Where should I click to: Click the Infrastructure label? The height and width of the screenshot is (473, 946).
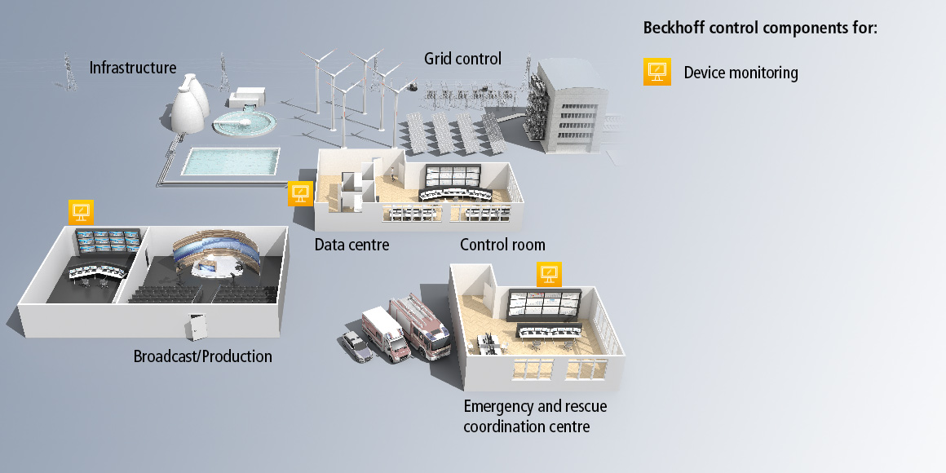[x=132, y=67]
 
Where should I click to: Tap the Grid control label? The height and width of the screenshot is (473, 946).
[x=462, y=59]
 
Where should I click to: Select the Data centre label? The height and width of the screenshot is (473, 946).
[x=351, y=245]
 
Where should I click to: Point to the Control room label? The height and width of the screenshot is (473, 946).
[x=502, y=245]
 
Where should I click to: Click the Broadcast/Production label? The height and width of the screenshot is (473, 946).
[x=202, y=356]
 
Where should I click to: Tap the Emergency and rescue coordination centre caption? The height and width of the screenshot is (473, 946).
[x=535, y=416]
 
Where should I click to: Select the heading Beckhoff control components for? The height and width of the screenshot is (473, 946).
[x=760, y=28]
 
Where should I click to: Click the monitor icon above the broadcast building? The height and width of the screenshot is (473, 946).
[x=81, y=212]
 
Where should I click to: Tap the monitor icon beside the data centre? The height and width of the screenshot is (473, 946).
[x=300, y=194]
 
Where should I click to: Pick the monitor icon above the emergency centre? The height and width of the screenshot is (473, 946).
[x=548, y=273]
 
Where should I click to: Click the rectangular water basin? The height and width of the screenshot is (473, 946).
[x=230, y=161]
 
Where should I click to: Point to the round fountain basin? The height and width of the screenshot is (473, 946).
[x=243, y=125]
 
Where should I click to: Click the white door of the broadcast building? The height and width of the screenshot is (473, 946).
[x=197, y=327]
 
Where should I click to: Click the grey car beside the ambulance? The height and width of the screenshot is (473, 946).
[x=357, y=346]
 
